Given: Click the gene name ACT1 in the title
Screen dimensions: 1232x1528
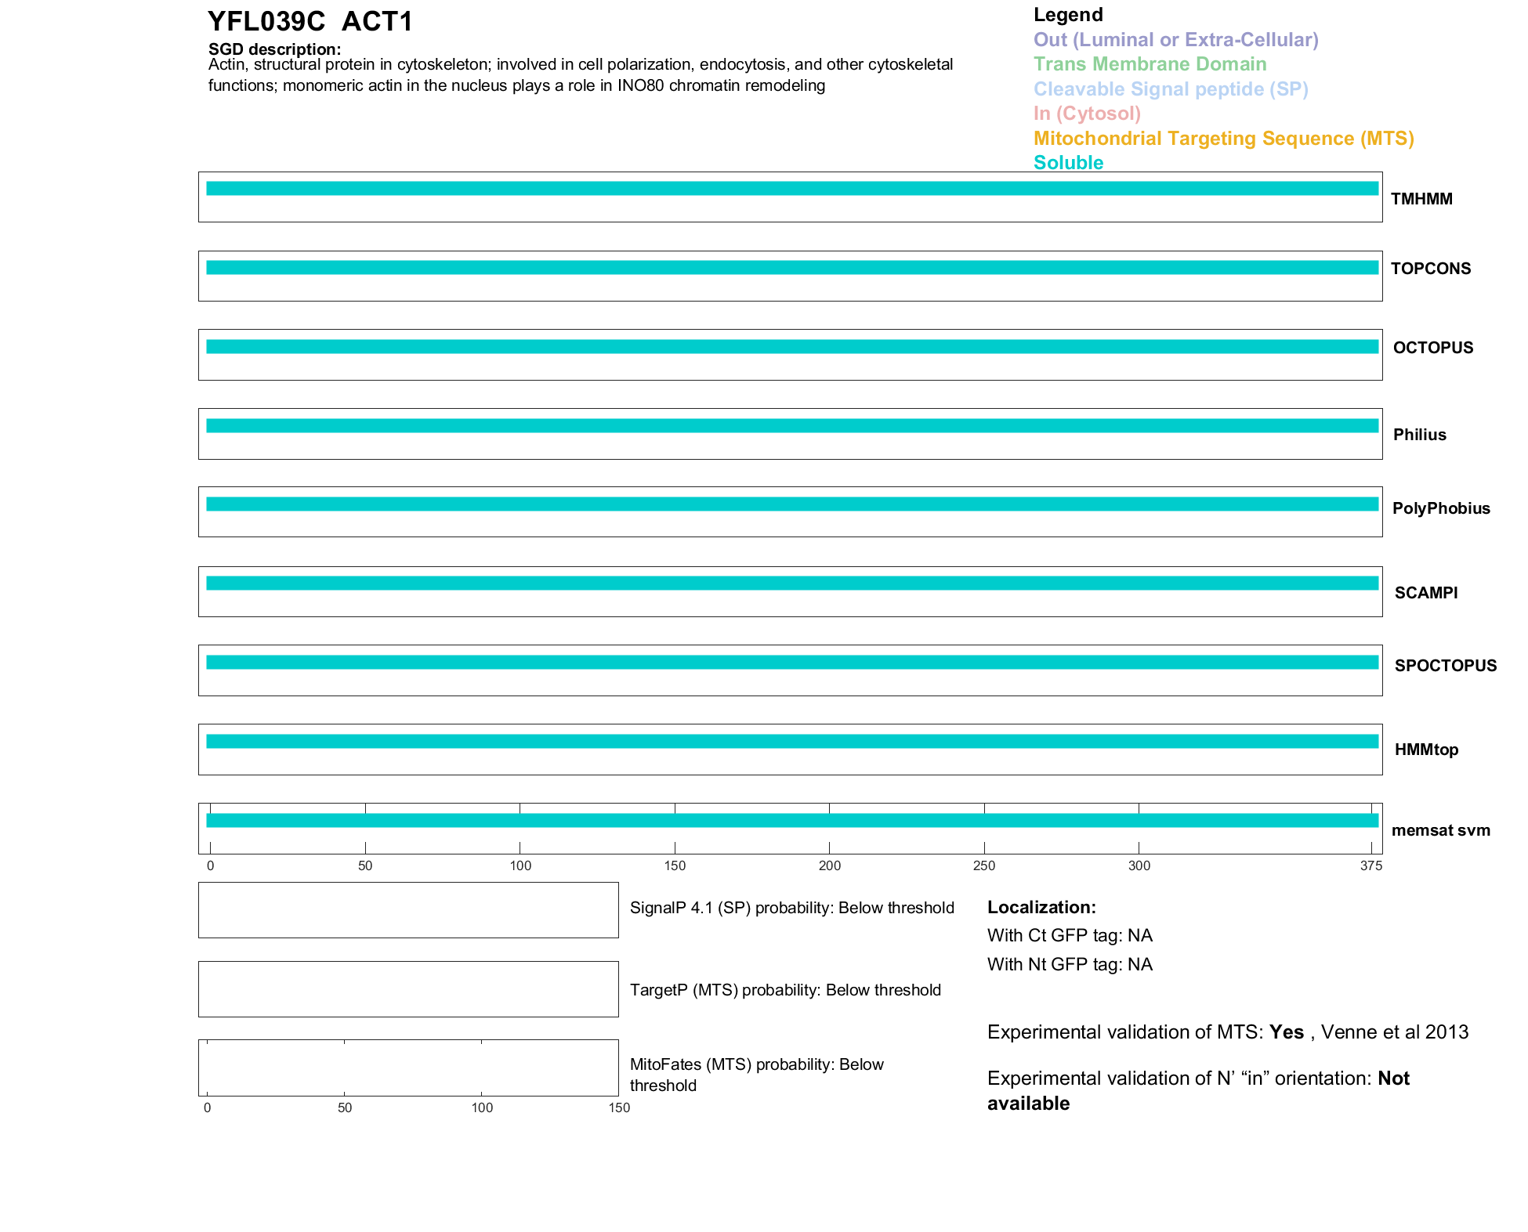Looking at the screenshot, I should [377, 21].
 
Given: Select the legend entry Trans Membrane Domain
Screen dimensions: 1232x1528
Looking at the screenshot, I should [1150, 64].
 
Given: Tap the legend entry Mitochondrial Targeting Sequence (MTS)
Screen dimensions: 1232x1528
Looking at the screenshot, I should [1223, 139].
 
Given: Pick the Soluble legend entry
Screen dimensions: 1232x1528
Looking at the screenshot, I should [1068, 163].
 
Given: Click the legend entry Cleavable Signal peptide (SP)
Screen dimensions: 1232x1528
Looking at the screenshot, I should [1171, 89].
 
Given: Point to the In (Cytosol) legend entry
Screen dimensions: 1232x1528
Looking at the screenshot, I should [1087, 114].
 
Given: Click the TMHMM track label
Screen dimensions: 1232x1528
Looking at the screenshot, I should [1421, 199].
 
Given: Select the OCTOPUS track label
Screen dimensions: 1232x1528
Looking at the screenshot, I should [1432, 348].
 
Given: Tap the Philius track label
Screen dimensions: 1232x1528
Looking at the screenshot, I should [1419, 435].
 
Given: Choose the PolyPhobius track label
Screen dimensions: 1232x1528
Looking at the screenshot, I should [1440, 508].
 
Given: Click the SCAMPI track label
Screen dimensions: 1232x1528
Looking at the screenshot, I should [1425, 593].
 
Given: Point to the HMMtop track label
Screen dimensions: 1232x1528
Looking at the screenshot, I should [1426, 750].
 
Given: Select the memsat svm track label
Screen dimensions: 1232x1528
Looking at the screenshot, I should [1440, 830].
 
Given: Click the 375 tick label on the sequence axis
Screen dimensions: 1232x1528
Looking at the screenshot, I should [1370, 865].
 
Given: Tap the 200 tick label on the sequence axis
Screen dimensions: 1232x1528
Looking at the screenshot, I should [829, 865].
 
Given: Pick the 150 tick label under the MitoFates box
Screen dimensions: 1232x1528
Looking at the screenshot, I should [619, 1107].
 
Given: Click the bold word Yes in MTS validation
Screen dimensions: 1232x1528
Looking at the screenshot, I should [1286, 1032].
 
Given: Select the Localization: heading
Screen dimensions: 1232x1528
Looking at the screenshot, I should [1041, 907].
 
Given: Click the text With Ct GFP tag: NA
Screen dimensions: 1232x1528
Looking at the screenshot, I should [1070, 935].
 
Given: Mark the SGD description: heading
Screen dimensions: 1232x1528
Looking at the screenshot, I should [274, 49].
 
